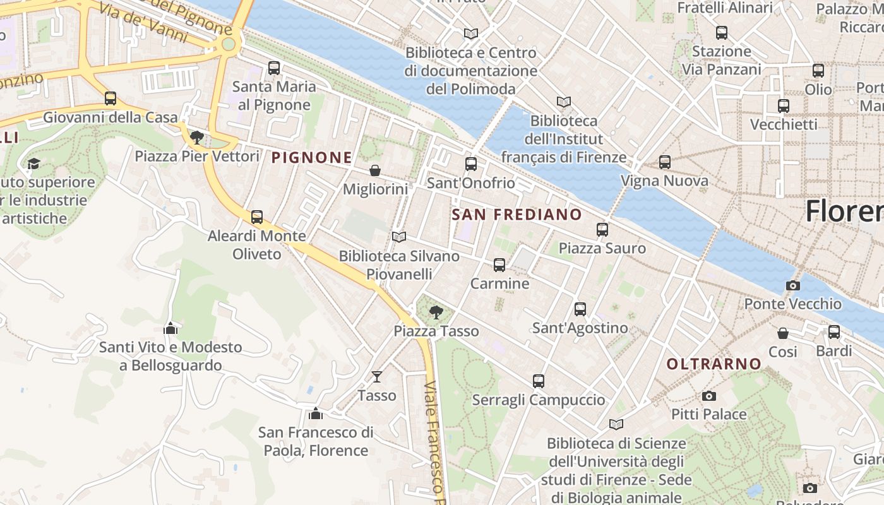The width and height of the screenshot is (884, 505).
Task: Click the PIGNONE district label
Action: coord(311,158)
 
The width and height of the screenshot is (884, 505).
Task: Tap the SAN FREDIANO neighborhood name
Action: coord(517,215)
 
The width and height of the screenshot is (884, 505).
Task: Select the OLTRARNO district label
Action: coord(714,364)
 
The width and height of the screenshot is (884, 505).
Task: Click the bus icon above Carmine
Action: coord(499,265)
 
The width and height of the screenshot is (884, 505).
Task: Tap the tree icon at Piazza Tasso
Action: coord(436,312)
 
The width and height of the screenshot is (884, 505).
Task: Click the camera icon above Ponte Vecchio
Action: coord(793,285)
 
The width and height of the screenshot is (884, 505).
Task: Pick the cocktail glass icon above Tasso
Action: coord(377,377)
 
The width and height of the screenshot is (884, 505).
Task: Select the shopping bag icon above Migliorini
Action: coord(375,170)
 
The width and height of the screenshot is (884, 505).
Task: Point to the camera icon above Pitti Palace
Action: coord(709,396)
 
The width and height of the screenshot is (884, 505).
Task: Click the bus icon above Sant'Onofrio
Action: coord(471,164)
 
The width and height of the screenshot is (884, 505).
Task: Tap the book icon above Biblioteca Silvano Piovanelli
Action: coord(398,237)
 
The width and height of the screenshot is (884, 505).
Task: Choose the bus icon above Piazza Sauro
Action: coord(602,230)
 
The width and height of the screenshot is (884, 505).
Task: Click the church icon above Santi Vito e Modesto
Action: coord(170,328)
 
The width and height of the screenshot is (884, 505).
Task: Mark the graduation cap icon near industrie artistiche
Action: coord(33,164)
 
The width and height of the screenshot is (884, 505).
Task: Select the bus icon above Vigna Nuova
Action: coord(664,162)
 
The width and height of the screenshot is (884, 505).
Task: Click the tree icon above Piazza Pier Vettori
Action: coord(197,137)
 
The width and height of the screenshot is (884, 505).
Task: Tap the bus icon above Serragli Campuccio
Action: coord(539,381)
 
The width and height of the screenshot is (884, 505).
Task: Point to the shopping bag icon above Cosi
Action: coord(783,333)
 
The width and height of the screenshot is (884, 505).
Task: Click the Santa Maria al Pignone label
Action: coord(274,95)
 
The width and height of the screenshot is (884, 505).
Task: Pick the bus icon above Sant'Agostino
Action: coord(580,309)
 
